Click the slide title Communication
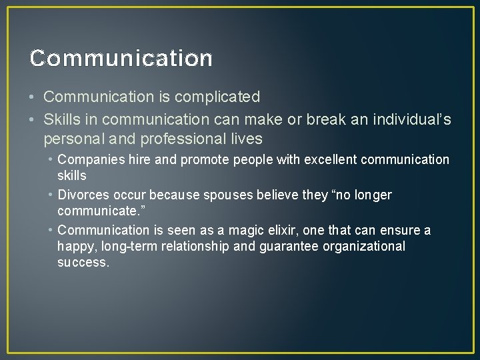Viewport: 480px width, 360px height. click(x=121, y=59)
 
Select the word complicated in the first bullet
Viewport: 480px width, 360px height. click(x=217, y=97)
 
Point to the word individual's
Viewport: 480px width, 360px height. click(x=413, y=120)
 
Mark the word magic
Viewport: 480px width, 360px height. click(x=245, y=231)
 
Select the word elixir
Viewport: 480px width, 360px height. click(x=283, y=231)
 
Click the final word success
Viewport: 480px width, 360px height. click(x=83, y=263)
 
